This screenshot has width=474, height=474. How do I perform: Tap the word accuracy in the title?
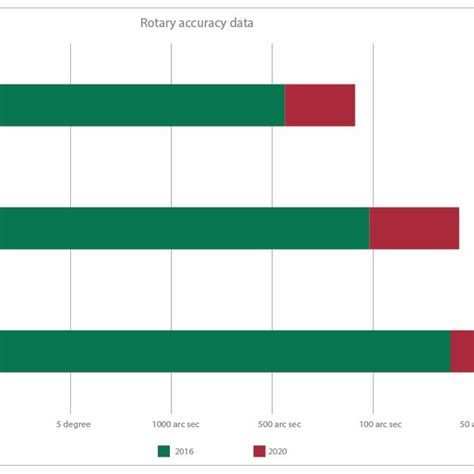(204, 23)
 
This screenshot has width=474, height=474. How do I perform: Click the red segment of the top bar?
(320, 105)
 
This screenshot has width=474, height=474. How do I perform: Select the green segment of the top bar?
(140, 105)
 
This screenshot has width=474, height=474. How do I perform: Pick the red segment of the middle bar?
(414, 228)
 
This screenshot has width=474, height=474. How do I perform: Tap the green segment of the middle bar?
(180, 228)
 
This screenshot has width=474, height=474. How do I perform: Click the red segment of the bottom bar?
(462, 351)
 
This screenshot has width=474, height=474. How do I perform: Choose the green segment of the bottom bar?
(220, 351)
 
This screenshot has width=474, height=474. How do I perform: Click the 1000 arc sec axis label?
(172, 424)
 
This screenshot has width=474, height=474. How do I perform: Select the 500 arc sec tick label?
(273, 424)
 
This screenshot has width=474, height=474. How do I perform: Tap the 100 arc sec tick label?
(374, 424)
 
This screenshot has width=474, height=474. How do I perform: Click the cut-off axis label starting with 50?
(465, 424)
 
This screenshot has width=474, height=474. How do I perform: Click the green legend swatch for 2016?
(164, 451)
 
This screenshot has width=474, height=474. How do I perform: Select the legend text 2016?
(187, 451)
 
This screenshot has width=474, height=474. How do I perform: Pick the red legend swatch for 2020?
(259, 451)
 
